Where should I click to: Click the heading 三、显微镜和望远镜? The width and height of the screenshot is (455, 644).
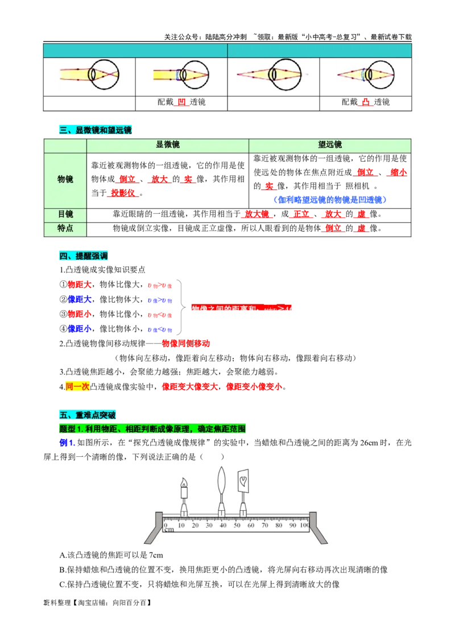95,130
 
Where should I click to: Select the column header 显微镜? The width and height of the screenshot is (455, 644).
167,145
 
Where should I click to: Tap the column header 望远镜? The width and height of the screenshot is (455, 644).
330,145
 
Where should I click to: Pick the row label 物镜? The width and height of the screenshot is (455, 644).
65,179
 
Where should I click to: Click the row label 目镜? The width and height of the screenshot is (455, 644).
65,214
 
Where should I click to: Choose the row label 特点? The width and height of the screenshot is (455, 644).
65,228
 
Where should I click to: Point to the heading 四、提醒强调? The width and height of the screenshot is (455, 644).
83,257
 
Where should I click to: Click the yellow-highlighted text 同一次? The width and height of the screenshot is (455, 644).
77,386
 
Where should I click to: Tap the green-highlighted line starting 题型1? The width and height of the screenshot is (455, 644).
154,429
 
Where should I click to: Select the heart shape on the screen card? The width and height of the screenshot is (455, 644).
243,480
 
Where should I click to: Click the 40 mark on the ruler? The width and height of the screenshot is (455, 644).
222,525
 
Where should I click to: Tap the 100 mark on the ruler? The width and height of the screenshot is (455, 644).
304,525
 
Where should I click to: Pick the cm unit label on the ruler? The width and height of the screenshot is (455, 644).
169,530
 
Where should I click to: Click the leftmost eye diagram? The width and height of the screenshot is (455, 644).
89,75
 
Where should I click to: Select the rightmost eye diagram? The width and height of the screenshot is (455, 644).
370,75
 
